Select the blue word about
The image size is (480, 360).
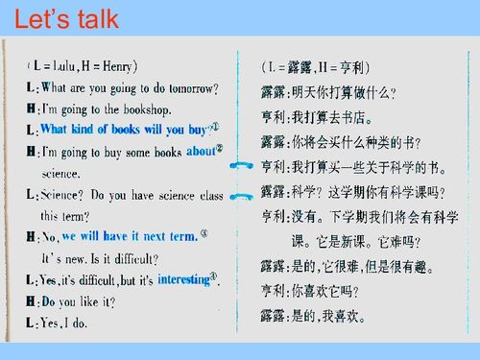(x=200, y=151)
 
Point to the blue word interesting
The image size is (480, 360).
(x=182, y=278)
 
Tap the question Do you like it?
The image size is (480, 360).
(x=77, y=301)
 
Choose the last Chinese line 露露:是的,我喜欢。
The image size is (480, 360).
(x=322, y=313)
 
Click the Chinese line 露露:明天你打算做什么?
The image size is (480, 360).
(x=328, y=93)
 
